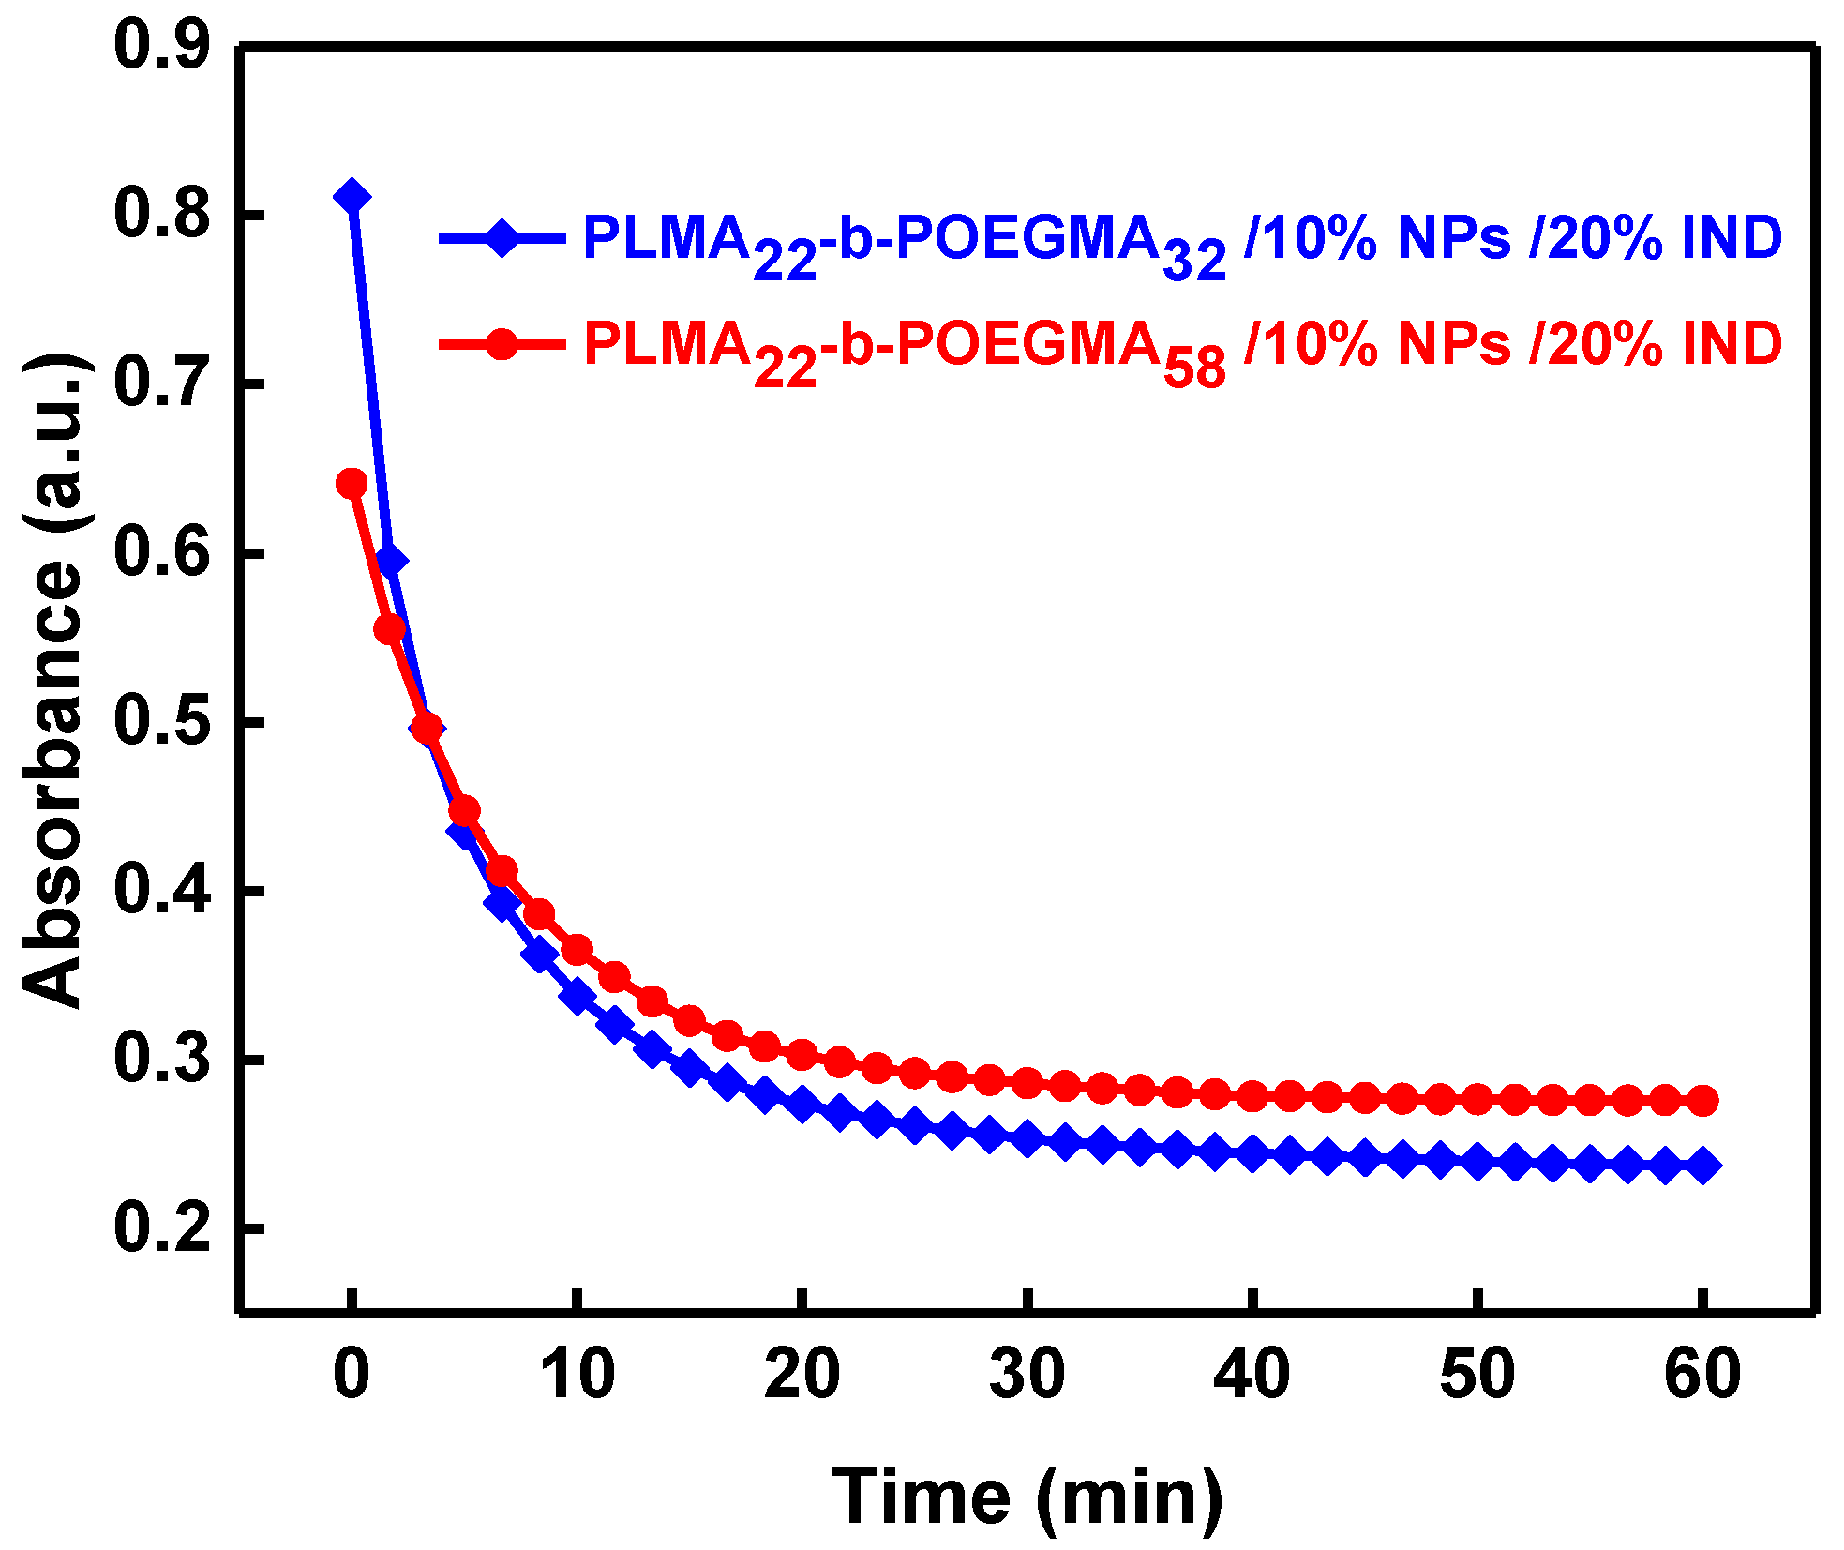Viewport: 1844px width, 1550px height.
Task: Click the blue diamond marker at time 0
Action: click(x=352, y=197)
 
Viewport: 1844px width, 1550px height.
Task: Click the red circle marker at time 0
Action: click(x=352, y=484)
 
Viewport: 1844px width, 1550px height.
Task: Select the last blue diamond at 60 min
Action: click(x=1702, y=1166)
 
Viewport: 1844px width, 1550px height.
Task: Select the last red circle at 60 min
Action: click(x=1702, y=1100)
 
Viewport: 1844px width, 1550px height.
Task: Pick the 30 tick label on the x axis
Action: click(x=1027, y=1374)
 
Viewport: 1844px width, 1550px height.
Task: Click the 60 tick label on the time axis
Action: click(x=1702, y=1374)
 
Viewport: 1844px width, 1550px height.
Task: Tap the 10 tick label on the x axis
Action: click(x=577, y=1374)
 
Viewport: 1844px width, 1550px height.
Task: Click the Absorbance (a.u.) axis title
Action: click(x=54, y=680)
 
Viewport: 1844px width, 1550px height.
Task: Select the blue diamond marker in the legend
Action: click(x=502, y=238)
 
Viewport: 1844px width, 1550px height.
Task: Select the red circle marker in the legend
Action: click(x=502, y=344)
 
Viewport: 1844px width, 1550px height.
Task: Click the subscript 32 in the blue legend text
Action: click(x=1193, y=260)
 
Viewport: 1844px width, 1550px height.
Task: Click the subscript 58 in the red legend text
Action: click(x=1193, y=367)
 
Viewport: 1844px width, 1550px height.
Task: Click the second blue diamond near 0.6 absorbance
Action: click(x=390, y=561)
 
